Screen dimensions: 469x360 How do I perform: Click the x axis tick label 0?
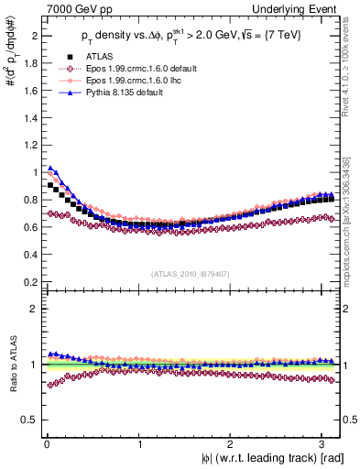47,444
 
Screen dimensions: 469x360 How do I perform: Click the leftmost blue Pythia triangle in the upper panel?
50,168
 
